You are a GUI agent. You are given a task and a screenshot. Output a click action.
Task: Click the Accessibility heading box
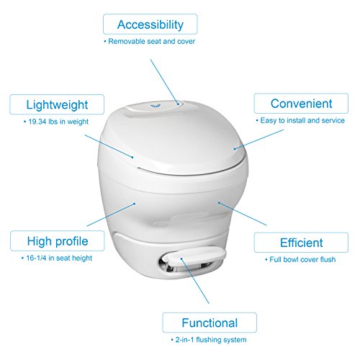150,24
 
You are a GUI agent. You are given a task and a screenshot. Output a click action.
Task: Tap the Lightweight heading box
57,104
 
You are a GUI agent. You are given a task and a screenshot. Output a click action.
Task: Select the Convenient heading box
301,104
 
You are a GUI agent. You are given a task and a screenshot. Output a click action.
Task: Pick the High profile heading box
58,241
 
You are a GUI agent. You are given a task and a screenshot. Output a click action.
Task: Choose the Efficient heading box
301,243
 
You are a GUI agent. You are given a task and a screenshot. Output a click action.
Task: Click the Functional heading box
210,323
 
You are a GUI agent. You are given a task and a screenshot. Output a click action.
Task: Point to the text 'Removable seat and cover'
151,41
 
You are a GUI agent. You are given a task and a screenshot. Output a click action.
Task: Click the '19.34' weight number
37,122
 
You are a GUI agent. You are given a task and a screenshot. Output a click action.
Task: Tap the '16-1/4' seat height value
36,258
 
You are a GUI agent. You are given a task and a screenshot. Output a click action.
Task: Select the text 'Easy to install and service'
302,120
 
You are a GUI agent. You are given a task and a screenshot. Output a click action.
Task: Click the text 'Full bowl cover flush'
302,259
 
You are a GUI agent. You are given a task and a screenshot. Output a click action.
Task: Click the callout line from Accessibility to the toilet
165,81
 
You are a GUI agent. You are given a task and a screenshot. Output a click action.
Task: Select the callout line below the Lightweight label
109,146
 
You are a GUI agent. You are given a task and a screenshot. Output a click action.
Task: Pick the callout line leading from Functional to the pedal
195,281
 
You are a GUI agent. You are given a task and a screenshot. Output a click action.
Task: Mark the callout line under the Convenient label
258,139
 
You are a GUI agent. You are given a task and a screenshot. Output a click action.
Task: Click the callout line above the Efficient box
243,214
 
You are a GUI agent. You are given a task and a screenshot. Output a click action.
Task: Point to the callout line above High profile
111,215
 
